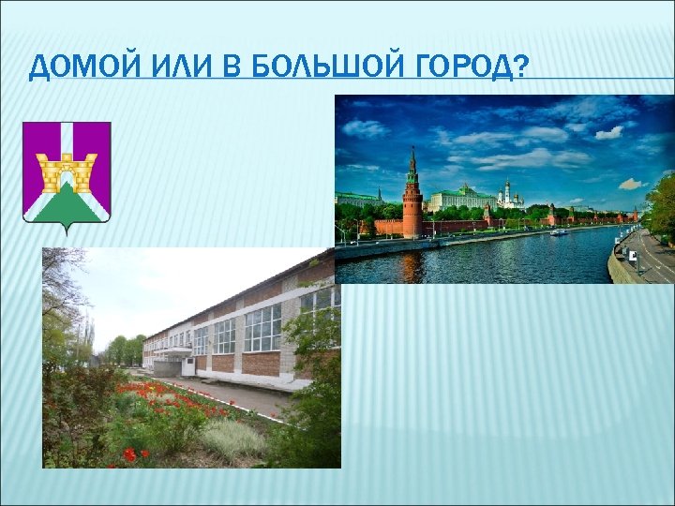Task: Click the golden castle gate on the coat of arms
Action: [x=67, y=171]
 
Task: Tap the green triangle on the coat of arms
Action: [x=67, y=201]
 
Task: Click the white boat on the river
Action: [x=559, y=231]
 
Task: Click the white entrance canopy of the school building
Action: [x=172, y=351]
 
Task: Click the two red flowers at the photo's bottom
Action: [x=137, y=454]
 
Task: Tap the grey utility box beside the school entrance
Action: [x=187, y=366]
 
